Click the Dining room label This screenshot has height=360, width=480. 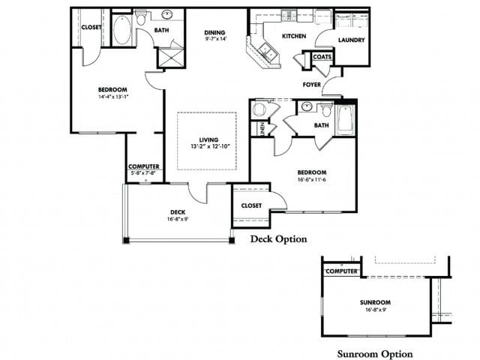[x=215, y=33]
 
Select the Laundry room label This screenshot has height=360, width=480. [x=351, y=40]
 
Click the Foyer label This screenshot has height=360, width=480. [x=312, y=85]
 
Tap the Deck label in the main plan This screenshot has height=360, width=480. [x=177, y=212]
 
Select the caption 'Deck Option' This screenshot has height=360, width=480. [x=278, y=239]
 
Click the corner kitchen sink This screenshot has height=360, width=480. [x=265, y=51]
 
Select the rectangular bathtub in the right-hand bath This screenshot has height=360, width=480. [x=345, y=120]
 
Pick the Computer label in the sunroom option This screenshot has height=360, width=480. [x=341, y=271]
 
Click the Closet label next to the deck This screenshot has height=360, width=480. [x=251, y=205]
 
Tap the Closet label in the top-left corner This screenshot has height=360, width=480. [x=91, y=27]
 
